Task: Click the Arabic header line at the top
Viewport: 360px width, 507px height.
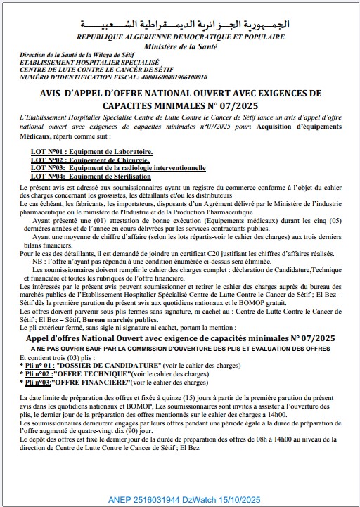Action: pos(181,23)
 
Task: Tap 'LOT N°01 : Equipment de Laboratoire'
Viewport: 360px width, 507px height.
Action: pos(91,151)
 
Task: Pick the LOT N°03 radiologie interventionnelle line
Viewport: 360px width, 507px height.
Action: pos(118,168)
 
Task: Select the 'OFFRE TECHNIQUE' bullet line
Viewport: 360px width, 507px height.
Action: pos(115,375)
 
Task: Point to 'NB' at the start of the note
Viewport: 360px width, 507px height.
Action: pos(47,260)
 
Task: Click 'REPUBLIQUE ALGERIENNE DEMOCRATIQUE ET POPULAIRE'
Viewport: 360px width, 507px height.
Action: pos(181,36)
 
